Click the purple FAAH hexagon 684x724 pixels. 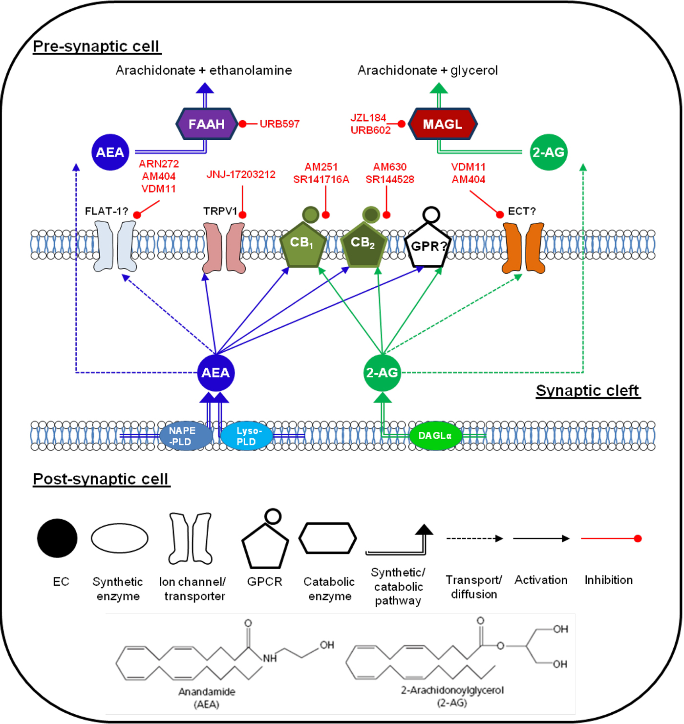(x=207, y=124)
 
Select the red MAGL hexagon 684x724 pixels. (x=442, y=124)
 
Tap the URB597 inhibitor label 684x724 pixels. (x=279, y=124)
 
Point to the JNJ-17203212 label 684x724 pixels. (x=241, y=174)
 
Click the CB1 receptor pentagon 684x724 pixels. (x=302, y=244)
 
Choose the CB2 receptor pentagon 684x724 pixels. (x=363, y=244)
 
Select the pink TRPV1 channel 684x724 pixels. (x=224, y=248)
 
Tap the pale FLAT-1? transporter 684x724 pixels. (x=115, y=246)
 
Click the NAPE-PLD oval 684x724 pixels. (x=185, y=436)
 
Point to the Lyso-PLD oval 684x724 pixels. (x=247, y=436)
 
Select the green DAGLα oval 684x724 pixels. (x=435, y=435)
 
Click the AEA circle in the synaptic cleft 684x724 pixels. (x=215, y=373)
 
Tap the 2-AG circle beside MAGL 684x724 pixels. (x=548, y=152)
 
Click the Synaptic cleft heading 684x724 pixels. (x=587, y=391)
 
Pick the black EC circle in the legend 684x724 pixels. (x=57, y=538)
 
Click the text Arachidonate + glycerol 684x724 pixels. (x=427, y=70)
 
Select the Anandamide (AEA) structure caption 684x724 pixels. (x=207, y=698)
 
